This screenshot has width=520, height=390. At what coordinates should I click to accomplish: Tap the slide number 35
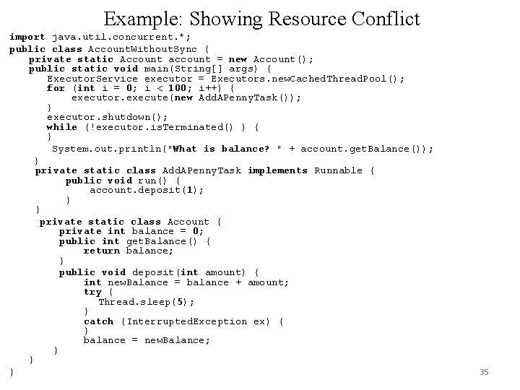pyautogui.click(x=484, y=372)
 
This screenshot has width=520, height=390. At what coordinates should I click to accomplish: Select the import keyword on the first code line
pyautogui.click(x=27, y=37)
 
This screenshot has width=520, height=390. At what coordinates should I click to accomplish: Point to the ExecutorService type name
pyautogui.click(x=92, y=79)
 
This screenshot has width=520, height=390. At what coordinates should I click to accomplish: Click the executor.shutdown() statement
pyautogui.click(x=108, y=117)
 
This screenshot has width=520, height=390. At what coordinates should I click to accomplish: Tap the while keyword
pyautogui.click(x=62, y=127)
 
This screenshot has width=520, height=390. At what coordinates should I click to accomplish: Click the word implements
pyautogui.click(x=277, y=170)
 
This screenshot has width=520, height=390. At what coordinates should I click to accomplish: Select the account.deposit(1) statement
pyautogui.click(x=147, y=190)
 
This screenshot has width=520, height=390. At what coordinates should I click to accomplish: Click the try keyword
pyautogui.click(x=92, y=292)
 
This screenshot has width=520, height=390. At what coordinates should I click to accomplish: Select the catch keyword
pyautogui.click(x=99, y=321)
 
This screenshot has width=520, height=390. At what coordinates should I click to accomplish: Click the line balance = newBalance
pyautogui.click(x=147, y=340)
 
